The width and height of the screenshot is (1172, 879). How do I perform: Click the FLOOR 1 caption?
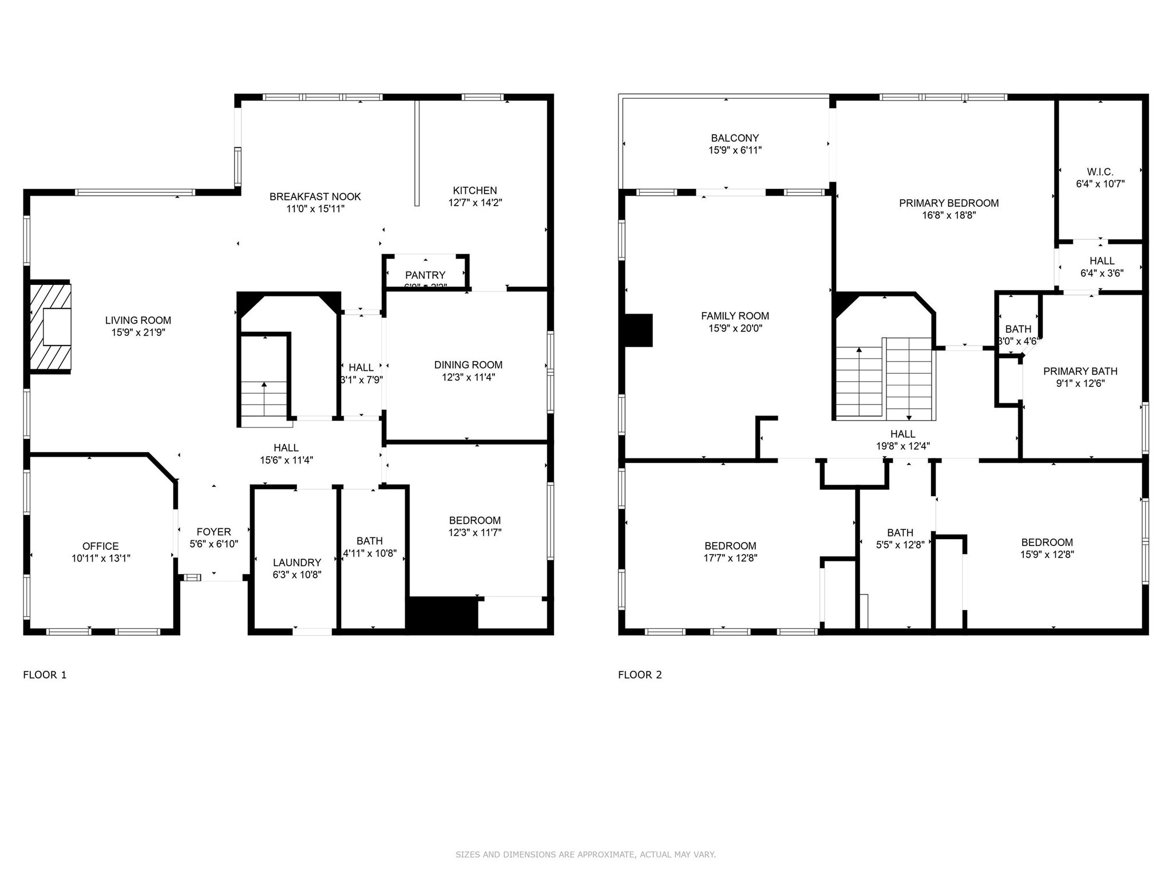point(45,675)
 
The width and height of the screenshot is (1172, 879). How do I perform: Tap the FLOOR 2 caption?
point(640,675)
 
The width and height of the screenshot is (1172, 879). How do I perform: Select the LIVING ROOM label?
point(138,320)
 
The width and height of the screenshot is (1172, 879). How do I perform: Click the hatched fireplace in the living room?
point(50,327)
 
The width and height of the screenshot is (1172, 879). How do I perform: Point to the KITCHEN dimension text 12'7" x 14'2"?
point(475,203)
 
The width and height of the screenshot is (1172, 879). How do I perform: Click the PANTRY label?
point(425,275)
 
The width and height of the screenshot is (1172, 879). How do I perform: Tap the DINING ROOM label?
point(468,365)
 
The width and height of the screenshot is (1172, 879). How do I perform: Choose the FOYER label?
point(213,532)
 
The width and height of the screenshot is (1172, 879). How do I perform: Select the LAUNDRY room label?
point(297,563)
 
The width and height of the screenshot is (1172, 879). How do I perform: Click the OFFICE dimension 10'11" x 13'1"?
point(101,559)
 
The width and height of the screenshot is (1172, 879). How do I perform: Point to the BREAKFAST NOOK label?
point(315,197)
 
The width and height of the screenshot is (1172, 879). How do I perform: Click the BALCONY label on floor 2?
point(735,138)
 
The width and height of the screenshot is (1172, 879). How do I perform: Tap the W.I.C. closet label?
point(1100,172)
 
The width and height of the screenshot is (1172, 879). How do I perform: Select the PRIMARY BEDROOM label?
point(948,203)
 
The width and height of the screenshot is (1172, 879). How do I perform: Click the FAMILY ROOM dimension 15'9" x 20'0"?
point(735,328)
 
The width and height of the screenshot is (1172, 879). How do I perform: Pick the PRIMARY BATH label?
point(1080,371)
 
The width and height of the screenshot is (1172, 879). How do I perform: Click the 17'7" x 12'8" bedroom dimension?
point(730,558)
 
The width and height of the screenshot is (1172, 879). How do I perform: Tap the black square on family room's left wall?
point(639,330)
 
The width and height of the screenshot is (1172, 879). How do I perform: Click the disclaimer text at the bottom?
point(585,854)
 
